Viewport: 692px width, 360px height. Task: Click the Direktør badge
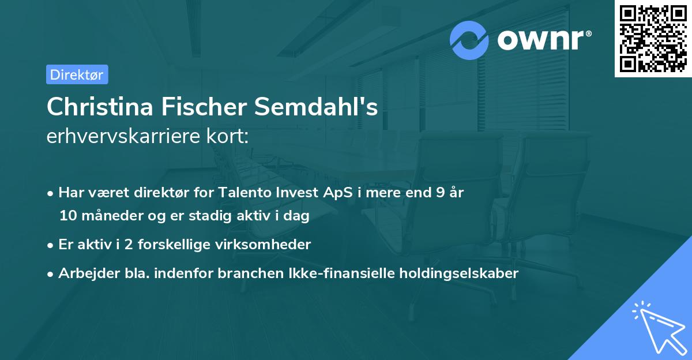tap(77, 74)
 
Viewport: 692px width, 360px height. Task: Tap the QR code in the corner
tap(653, 38)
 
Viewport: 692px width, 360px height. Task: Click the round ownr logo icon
tap(469, 40)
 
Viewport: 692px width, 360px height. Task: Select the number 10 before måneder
tap(67, 216)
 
